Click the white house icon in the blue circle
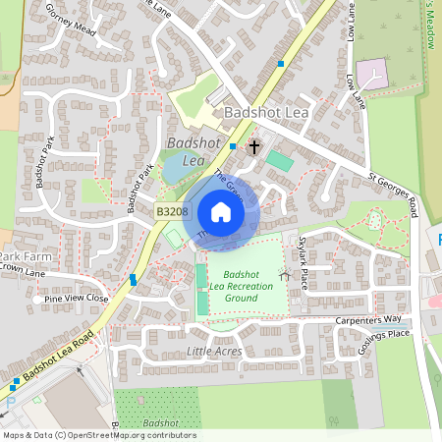click(x=221, y=212)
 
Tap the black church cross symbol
click(x=254, y=147)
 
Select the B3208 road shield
click(x=171, y=210)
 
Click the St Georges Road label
click(x=393, y=193)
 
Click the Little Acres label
click(x=214, y=351)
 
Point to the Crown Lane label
click(x=22, y=266)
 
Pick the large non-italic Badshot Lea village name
click(x=267, y=113)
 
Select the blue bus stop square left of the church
click(x=233, y=146)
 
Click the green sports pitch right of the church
click(x=280, y=158)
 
